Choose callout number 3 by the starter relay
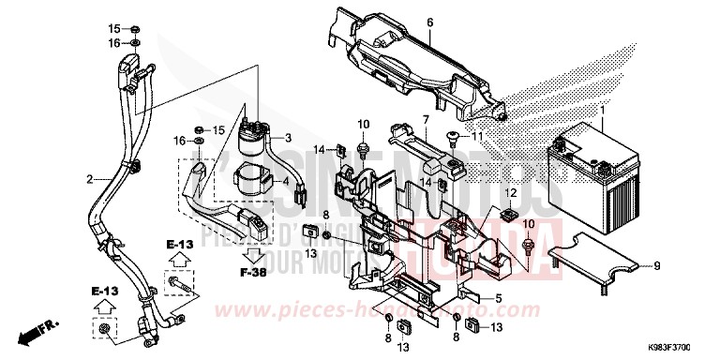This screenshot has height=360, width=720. [290, 137]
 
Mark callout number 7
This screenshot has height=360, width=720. [425, 119]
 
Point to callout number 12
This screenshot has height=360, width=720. [511, 192]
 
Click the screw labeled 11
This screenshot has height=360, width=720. [454, 139]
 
